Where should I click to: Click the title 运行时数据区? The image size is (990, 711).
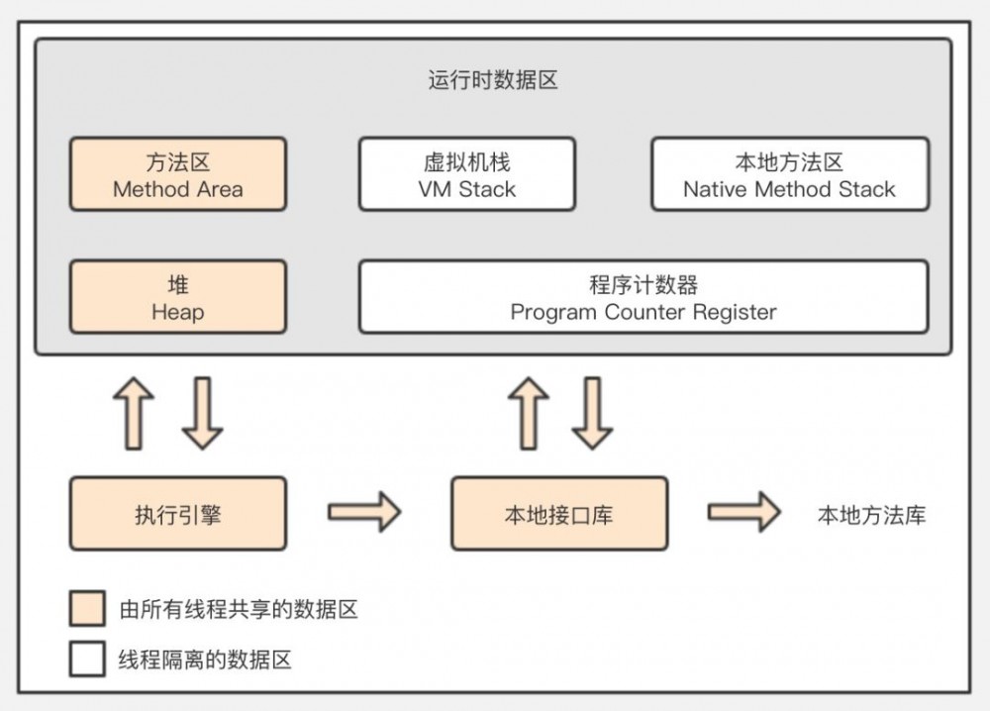493,80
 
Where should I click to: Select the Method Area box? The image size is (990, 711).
178,174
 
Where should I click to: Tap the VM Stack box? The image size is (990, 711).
466,174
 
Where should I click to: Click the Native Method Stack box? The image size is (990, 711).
789,174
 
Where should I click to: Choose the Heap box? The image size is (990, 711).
178,297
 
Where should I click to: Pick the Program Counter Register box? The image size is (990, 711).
643,297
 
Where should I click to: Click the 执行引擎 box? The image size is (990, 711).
178,514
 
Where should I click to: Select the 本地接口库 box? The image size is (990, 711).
559,514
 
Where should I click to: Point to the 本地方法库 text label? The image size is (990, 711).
871,515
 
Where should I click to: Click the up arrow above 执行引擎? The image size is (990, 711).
134,413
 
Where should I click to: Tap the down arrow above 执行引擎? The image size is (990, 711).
202,413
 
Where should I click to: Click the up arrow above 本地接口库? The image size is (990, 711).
528,413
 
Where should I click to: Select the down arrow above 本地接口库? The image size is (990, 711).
592,413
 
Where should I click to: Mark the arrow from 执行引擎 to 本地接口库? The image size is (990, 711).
363,512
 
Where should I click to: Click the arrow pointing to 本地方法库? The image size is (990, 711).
743,512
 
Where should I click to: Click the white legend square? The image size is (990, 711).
87,660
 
